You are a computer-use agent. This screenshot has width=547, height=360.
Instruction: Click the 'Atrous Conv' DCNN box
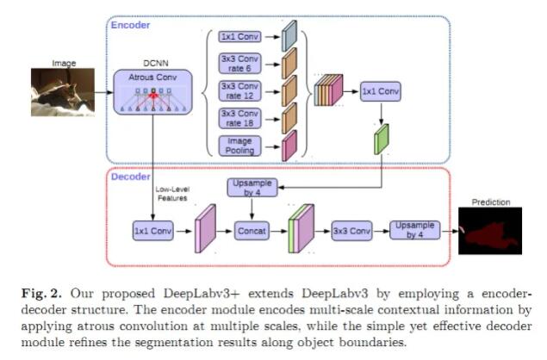coord(152,92)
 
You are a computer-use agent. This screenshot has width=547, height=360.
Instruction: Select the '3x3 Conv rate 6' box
coord(239,64)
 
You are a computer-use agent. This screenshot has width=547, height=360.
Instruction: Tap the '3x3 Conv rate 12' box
coord(239,90)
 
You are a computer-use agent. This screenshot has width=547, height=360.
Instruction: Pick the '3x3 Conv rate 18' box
coord(239,118)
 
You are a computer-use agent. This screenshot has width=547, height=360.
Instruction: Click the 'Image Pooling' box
coord(239,146)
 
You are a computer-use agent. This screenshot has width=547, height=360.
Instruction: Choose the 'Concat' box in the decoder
coord(252,231)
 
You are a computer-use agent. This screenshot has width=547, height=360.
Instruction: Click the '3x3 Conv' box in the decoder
coord(351,231)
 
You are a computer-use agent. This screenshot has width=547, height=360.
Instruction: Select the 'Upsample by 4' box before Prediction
coord(415,230)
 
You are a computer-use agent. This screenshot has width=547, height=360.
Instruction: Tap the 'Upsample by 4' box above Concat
coord(252,188)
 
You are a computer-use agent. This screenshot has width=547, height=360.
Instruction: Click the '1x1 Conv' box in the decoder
coord(152,231)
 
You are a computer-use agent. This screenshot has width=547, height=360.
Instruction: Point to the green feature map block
coord(382,140)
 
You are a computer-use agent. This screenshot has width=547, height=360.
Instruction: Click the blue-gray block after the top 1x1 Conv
coord(289,36)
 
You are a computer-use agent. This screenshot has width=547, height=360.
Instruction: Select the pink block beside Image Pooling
coord(289,146)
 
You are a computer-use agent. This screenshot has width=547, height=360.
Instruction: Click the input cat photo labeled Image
coord(63,92)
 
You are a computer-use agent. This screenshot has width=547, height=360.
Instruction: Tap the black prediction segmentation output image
coord(490,231)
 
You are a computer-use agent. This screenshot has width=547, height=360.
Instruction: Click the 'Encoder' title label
coord(130,25)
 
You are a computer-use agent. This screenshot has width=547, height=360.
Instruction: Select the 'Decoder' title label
coord(130,177)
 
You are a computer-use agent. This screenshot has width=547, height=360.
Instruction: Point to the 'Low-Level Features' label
coord(172,194)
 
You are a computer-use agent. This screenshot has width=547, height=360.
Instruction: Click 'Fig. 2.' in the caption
coord(41,294)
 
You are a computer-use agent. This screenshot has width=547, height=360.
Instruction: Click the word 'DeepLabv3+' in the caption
coord(202,294)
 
